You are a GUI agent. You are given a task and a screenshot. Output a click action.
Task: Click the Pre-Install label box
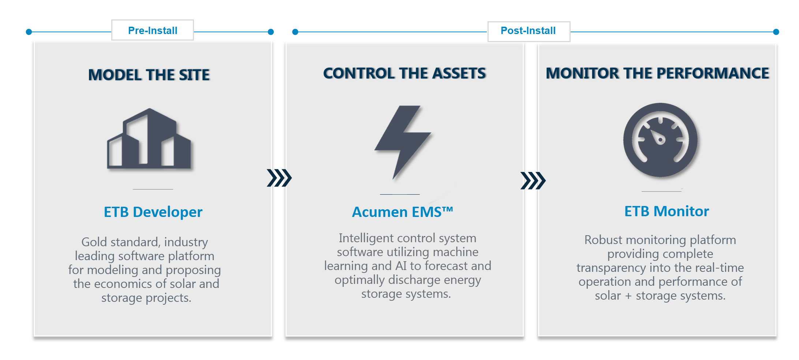point(153,30)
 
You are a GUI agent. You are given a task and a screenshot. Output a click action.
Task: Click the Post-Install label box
point(529,31)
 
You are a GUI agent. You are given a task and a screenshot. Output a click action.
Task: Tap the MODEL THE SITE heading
point(149,75)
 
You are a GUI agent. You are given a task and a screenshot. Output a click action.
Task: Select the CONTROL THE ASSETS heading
point(405,73)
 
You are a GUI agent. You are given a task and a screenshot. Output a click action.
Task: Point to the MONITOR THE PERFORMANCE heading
point(658,73)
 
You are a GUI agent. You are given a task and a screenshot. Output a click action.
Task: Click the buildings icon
point(149,139)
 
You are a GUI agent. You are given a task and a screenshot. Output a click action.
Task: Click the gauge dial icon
point(660,140)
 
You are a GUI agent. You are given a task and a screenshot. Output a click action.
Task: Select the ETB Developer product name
point(153,212)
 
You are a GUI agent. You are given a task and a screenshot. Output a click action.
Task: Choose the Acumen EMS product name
point(403,212)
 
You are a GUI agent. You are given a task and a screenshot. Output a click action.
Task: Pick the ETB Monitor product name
point(667,211)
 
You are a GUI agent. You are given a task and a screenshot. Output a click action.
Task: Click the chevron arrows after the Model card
point(279,178)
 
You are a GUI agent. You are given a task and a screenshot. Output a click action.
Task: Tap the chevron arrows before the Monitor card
point(533,180)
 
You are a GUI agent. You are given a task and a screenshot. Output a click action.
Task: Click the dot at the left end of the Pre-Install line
point(29,32)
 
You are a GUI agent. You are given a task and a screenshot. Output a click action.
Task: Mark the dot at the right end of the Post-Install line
point(776,32)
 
